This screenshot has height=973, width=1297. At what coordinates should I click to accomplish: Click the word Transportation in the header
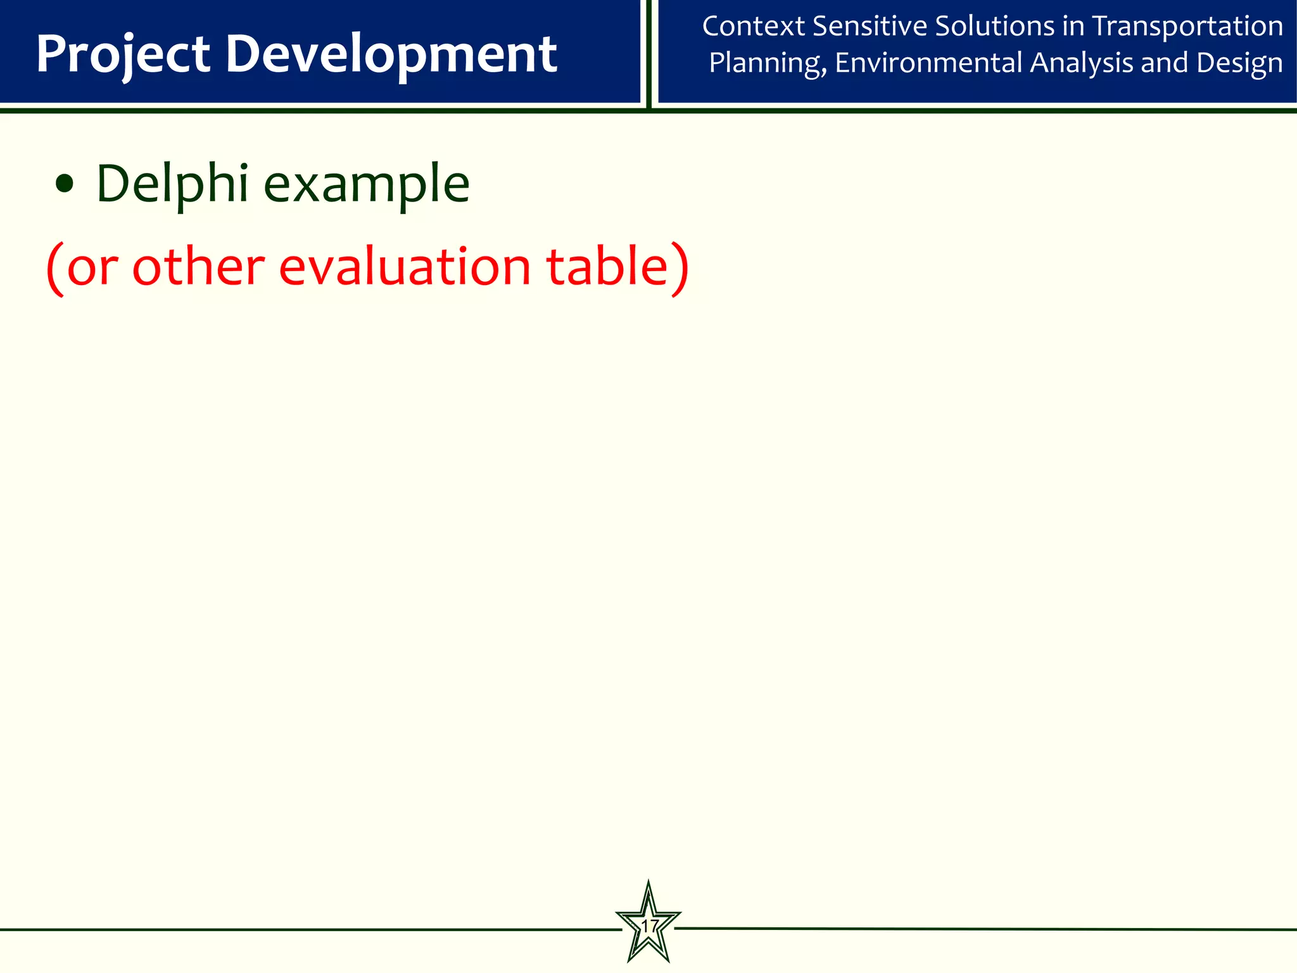[x=1187, y=27]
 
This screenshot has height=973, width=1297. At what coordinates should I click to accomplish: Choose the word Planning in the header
[x=767, y=63]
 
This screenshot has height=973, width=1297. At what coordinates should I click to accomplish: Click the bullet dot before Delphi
[x=64, y=185]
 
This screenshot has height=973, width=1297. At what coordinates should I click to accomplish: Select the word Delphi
[x=172, y=184]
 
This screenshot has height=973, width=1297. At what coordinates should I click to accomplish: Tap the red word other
[x=198, y=267]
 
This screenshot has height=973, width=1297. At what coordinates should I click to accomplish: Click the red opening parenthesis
[x=55, y=269]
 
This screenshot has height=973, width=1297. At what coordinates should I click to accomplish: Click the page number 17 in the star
[x=648, y=927]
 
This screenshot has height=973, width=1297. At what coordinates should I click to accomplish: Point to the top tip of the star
[x=648, y=882]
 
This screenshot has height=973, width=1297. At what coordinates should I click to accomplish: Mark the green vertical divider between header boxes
[x=649, y=54]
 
